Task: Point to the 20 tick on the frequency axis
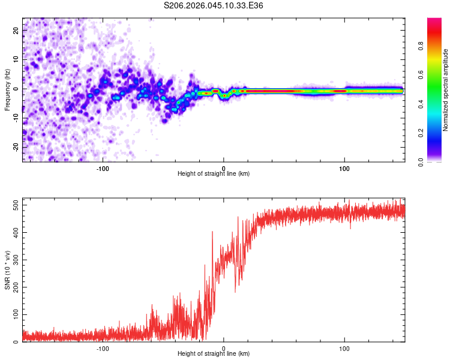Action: [17, 30]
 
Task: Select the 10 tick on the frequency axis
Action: [17, 59]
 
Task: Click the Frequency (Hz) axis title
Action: [7, 90]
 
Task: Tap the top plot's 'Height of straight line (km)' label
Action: [214, 173]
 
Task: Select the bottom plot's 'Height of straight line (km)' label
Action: [214, 353]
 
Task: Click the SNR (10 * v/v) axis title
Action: [7, 270]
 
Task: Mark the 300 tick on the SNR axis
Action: [14, 260]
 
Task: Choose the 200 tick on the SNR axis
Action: [14, 287]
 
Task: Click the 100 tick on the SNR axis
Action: [14, 315]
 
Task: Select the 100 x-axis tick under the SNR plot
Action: [344, 347]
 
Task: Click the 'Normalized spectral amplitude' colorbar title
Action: [445, 90]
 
